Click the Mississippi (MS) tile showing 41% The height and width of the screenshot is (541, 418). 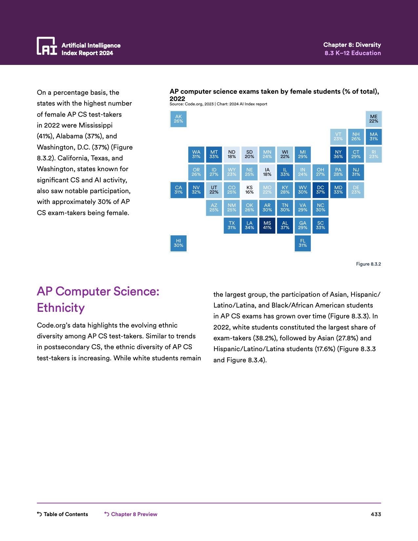click(267, 225)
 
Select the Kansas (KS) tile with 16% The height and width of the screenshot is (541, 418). click(249, 190)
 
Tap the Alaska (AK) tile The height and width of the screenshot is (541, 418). click(178, 119)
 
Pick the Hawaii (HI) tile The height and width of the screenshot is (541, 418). click(178, 243)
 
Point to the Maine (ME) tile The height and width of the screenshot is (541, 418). click(374, 119)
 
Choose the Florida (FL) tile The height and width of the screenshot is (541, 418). click(303, 243)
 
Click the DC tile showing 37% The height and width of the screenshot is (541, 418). click(320, 190)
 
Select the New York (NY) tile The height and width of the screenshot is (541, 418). click(338, 154)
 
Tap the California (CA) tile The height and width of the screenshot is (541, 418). click(178, 190)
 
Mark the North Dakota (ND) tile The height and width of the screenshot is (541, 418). click(232, 154)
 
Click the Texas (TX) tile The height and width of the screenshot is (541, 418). click(232, 225)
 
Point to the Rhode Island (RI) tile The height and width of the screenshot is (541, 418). click(374, 154)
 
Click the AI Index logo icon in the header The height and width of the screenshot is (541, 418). click(47, 46)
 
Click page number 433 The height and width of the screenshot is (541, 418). click(376, 514)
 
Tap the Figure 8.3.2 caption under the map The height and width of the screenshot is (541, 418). click(368, 264)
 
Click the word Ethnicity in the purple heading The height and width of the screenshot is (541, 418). click(61, 308)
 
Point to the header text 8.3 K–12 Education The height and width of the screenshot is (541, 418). click(352, 53)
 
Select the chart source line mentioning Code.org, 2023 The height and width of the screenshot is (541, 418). click(218, 104)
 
